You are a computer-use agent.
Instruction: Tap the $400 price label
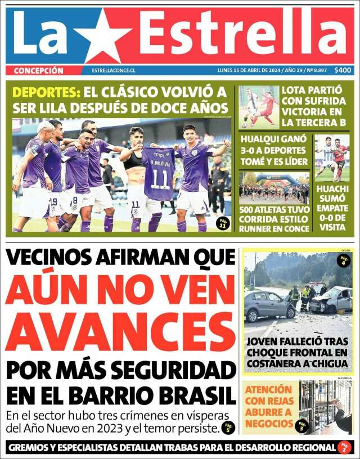pos(343,70)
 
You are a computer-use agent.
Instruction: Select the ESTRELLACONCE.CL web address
pos(114,71)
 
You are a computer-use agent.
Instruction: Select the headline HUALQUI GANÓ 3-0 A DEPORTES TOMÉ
pos(274,150)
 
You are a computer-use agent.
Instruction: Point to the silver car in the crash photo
pos(269,305)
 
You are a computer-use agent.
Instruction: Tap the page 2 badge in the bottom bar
pos(345,447)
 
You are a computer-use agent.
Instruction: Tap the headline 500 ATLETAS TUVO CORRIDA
pos(274,219)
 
